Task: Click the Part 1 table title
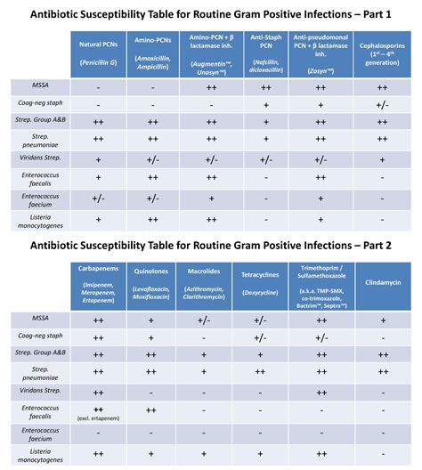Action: tap(211, 13)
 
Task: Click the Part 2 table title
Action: tap(211, 246)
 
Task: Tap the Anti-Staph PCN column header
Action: tap(266, 54)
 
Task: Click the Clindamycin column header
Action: tap(382, 282)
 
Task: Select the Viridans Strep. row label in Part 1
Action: tap(37, 158)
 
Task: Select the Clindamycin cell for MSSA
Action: tap(382, 320)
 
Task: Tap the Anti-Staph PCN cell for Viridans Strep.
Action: tap(266, 158)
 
